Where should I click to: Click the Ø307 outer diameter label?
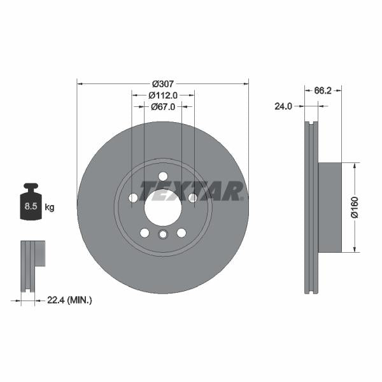click(x=163, y=83)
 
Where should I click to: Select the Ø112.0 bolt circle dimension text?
click(x=163, y=95)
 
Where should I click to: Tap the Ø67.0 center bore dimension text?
click(x=163, y=106)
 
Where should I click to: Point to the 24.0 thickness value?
click(x=283, y=106)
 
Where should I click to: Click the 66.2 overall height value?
click(x=323, y=91)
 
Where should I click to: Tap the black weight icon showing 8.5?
click(x=31, y=204)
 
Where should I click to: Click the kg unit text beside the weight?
click(x=50, y=208)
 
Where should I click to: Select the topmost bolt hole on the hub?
click(x=163, y=176)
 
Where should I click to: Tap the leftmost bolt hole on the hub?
click(x=133, y=198)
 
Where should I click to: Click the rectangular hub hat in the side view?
click(x=329, y=207)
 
